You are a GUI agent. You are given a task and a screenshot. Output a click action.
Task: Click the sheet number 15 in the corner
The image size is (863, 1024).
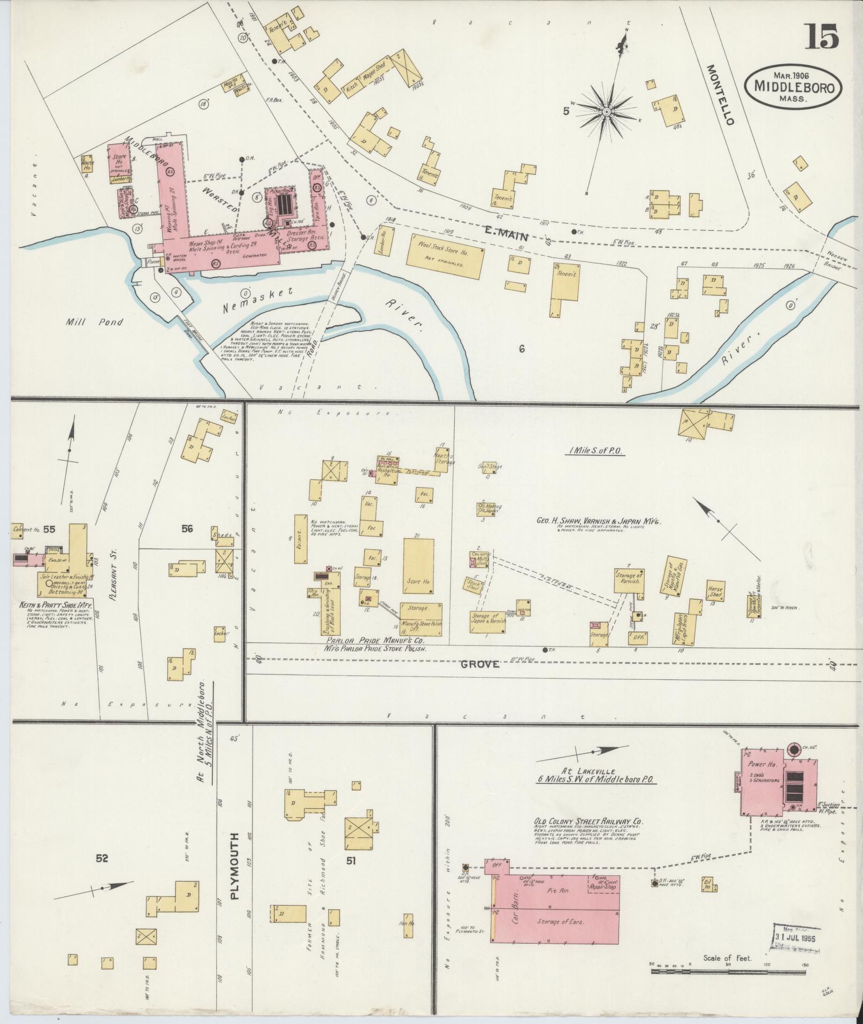[820, 37]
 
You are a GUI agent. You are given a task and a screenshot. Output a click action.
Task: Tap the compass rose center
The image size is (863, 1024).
[606, 112]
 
